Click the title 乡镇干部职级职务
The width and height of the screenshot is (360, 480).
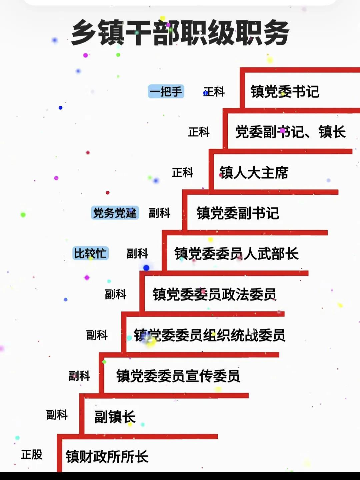pyautogui.click(x=180, y=33)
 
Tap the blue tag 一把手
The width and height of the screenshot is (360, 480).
pyautogui.click(x=166, y=91)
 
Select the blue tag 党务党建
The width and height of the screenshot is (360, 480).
pyautogui.click(x=115, y=213)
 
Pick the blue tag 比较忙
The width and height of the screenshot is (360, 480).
pyautogui.click(x=90, y=253)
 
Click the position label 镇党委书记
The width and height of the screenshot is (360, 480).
pyautogui.click(x=285, y=92)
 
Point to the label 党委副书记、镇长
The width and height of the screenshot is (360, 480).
pyautogui.click(x=290, y=132)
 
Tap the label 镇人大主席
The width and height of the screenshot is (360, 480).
pyautogui.click(x=254, y=173)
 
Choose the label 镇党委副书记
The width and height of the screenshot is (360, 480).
pyautogui.click(x=238, y=213)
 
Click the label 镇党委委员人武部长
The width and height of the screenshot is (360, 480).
pyautogui.click(x=236, y=254)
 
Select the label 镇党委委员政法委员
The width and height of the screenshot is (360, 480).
pyautogui.click(x=214, y=294)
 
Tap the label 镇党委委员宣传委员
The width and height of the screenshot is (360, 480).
pyautogui.click(x=178, y=376)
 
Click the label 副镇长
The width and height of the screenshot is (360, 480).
pyautogui.click(x=115, y=417)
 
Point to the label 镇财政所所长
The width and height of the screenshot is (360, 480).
pyautogui.click(x=107, y=457)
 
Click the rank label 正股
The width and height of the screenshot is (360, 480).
pyautogui.click(x=32, y=454)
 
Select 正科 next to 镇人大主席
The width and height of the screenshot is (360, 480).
pyautogui.click(x=182, y=173)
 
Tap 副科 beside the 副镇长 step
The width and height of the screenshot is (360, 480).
pyautogui.click(x=57, y=415)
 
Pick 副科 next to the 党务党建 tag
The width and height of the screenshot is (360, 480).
pyautogui.click(x=159, y=213)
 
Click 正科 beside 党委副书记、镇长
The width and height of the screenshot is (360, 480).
pyautogui.click(x=199, y=132)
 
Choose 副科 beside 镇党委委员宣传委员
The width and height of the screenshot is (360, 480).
pyautogui.click(x=79, y=376)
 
